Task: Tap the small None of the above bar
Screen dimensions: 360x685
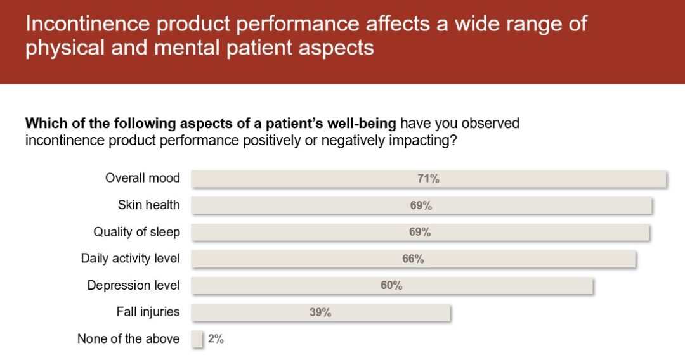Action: [197, 339]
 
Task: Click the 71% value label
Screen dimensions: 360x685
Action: [428, 179]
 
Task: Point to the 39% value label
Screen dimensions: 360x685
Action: [320, 312]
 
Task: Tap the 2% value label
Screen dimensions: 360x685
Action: [216, 339]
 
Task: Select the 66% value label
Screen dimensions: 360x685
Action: [413, 259]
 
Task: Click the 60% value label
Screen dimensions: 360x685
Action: [391, 285]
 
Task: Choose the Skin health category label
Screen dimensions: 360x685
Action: [148, 205]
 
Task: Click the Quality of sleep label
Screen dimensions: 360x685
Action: [136, 232]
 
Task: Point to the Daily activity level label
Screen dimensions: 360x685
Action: [130, 259]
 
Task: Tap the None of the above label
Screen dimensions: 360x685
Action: [128, 339]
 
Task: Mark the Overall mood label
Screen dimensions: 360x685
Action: [142, 178]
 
